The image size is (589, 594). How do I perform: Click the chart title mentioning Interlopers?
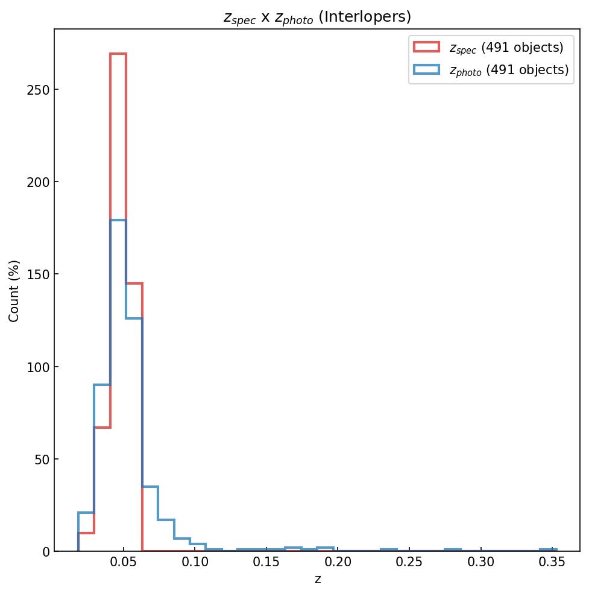(x=317, y=17)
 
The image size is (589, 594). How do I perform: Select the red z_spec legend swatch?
(x=426, y=47)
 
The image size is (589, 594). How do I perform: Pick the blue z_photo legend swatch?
(x=426, y=70)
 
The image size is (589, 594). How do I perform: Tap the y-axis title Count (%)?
(x=14, y=291)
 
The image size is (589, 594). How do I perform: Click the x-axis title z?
(x=317, y=580)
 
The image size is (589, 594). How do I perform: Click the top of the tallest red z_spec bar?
(x=118, y=54)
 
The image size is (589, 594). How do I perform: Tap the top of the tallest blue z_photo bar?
(x=118, y=221)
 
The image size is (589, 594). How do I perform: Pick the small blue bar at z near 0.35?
(x=548, y=550)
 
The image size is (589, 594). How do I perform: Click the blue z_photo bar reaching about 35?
(x=150, y=487)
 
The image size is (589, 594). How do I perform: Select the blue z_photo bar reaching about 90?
(x=102, y=385)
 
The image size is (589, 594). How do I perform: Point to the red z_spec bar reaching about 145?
(x=134, y=283)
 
